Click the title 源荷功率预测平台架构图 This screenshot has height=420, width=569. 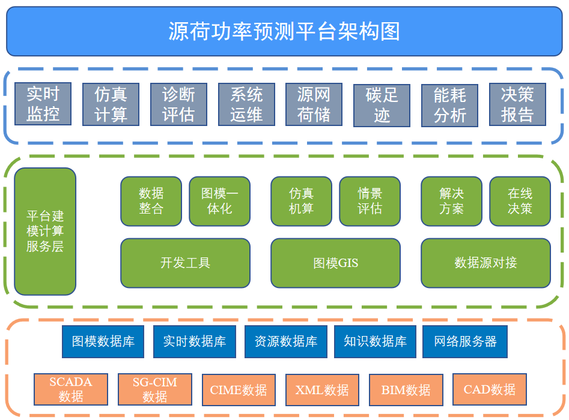click(284, 31)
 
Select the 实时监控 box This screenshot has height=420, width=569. click(43, 104)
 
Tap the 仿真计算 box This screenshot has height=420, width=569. click(111, 104)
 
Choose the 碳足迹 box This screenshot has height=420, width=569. click(382, 106)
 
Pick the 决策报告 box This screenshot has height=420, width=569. click(517, 104)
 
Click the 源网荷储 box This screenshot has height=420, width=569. click(314, 104)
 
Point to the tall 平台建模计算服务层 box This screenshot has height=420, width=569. click(45, 231)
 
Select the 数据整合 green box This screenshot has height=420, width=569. click(151, 201)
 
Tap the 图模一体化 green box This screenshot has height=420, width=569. click(219, 201)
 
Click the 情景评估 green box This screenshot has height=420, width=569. click(370, 201)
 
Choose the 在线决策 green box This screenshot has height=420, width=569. click(520, 201)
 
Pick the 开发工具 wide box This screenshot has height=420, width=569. click(186, 263)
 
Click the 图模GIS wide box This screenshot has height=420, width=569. click(336, 263)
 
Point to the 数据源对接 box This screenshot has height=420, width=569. click(486, 263)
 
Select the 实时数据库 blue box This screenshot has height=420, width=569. click(195, 342)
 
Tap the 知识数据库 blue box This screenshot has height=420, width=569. click(375, 342)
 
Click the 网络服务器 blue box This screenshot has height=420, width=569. click(465, 342)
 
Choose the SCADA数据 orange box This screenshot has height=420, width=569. click(71, 389)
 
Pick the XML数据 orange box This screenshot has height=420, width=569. click(322, 390)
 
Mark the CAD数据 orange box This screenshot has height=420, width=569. click(490, 389)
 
